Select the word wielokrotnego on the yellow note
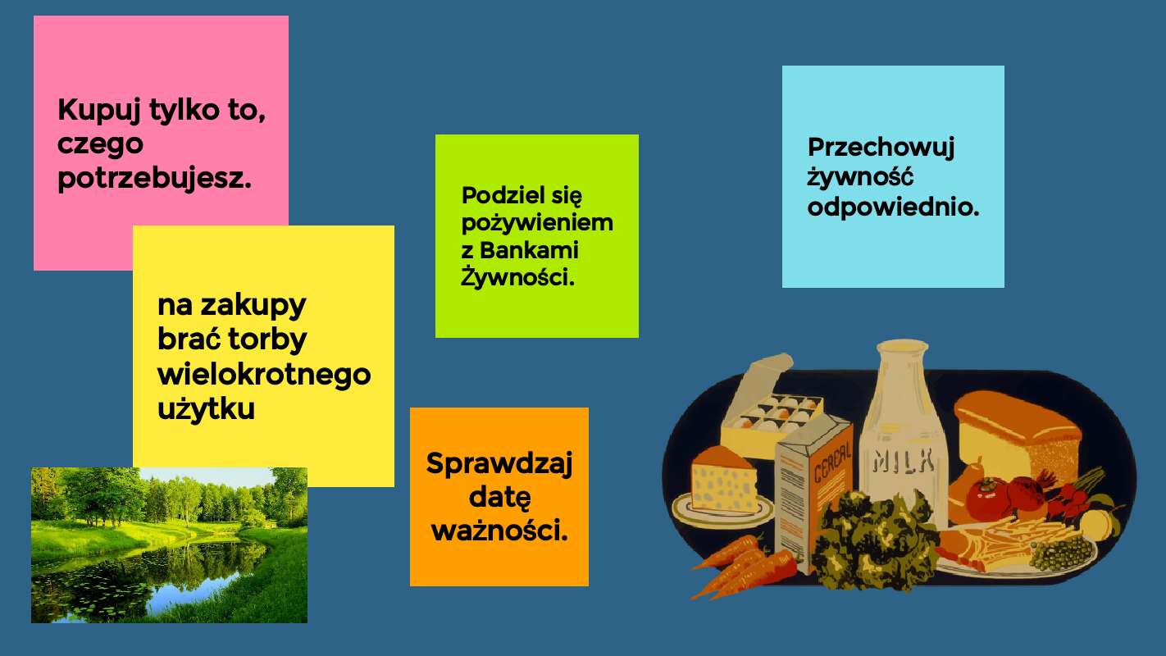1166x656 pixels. [x=264, y=375]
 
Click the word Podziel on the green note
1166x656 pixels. [x=503, y=195]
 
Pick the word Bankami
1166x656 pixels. [x=529, y=250]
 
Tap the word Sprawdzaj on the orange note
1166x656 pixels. [x=499, y=464]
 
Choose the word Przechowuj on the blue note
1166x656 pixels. [x=881, y=148]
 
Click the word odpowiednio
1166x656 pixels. [x=893, y=207]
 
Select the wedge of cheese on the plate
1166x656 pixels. [x=725, y=480]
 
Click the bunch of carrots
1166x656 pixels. [x=742, y=567]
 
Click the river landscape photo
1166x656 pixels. [x=169, y=545]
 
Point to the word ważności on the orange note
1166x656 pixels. [x=499, y=531]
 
